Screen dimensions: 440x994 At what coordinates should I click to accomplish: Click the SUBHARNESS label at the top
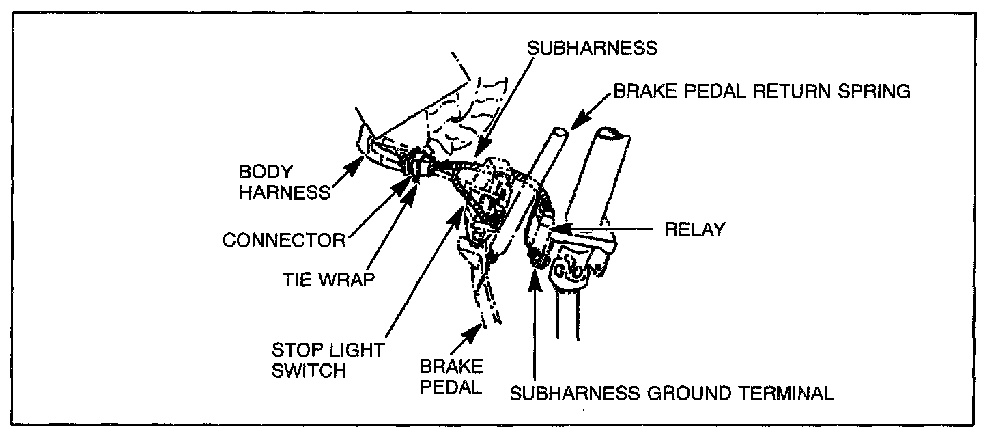pyautogui.click(x=592, y=49)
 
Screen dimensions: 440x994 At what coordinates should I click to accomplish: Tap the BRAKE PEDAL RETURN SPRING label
pyautogui.click(x=762, y=92)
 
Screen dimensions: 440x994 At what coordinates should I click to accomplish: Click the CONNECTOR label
pyautogui.click(x=284, y=240)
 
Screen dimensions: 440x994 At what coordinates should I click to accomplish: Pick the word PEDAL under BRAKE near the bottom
pyautogui.click(x=451, y=386)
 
